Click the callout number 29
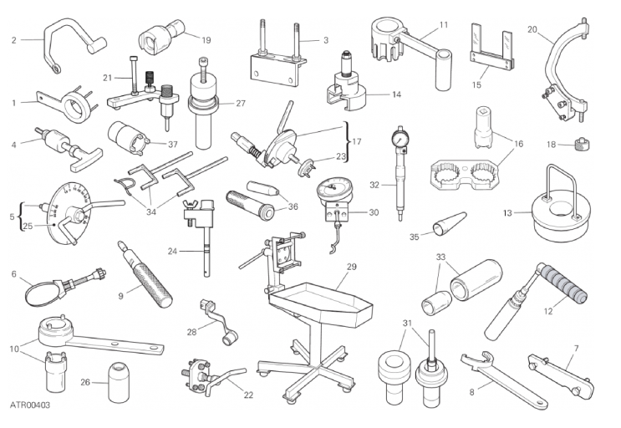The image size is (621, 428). coord(352,267)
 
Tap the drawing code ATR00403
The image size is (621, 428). coord(30,405)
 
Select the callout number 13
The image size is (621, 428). coord(507,213)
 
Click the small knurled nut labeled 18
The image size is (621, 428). coord(581,143)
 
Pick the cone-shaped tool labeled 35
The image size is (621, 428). coord(450,224)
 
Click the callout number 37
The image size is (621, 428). coord(173,145)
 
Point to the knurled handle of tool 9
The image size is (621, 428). coord(153,283)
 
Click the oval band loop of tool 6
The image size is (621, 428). coord(42,293)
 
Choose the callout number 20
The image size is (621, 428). coord(532,29)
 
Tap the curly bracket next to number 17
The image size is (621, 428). coord(347,141)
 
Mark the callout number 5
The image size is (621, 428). coord(12,217)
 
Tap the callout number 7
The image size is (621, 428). coord(576,349)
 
